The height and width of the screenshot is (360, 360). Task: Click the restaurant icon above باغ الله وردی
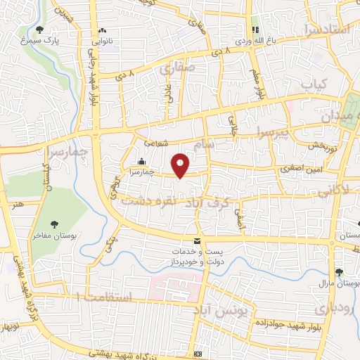point(255,30)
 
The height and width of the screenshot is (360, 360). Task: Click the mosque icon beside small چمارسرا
point(142,161)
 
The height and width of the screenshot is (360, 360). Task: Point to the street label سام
point(209,143)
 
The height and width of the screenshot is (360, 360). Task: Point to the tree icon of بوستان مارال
point(340,273)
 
